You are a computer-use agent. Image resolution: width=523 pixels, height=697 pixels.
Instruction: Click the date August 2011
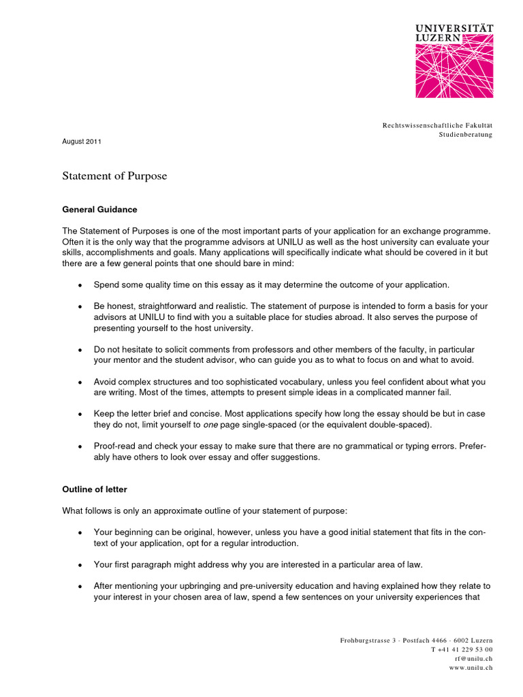point(82,141)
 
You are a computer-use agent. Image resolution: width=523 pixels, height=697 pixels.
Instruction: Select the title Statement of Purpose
point(114,176)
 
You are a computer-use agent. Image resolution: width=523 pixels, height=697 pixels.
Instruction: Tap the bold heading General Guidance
point(99,210)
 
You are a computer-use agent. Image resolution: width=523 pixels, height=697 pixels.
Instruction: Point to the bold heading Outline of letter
point(95,489)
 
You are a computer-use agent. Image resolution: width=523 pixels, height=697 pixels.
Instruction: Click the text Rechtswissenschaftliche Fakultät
point(437,125)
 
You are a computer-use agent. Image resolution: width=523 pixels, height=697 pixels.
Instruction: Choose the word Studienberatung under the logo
point(465,135)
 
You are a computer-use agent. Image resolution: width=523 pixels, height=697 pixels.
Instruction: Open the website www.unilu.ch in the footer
point(471,667)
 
